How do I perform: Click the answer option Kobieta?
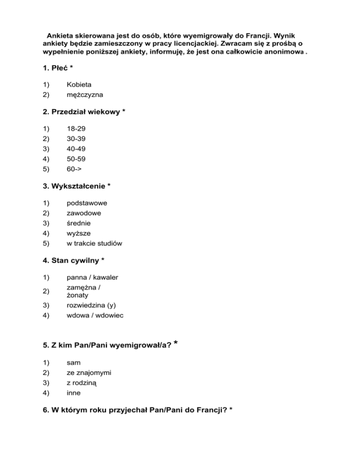[x=79, y=85]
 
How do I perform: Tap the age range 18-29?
[x=76, y=128]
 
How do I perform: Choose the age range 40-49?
[x=76, y=149]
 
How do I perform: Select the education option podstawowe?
[x=87, y=203]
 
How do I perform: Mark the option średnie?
[x=79, y=223]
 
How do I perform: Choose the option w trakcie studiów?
[x=95, y=243]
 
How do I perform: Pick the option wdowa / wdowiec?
[x=95, y=316]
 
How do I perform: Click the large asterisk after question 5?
[x=175, y=343]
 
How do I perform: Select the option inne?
[x=74, y=393]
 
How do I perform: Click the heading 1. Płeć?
[x=57, y=68]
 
